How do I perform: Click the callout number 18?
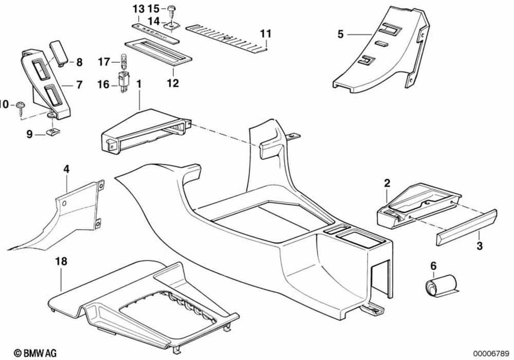[61, 262]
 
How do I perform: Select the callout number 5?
[340, 34]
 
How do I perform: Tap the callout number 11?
[265, 34]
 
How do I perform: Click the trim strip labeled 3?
[465, 226]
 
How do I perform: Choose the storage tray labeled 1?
[144, 131]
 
